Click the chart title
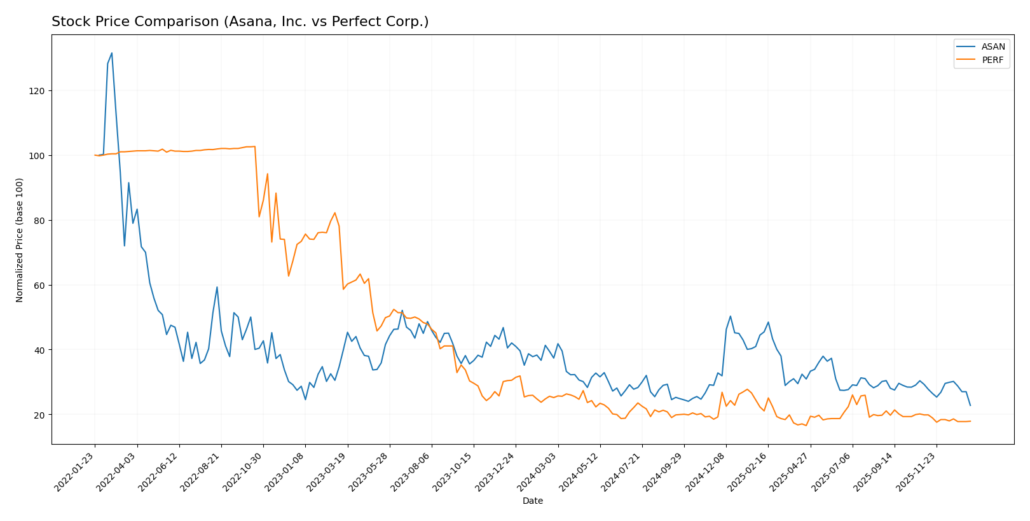pyautogui.click(x=240, y=22)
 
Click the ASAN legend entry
pyautogui.click(x=992, y=46)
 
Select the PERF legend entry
pyautogui.click(x=992, y=60)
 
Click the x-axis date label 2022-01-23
pyautogui.click(x=75, y=471)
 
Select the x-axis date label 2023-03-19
pyautogui.click(x=327, y=471)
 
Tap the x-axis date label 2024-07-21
pyautogui.click(x=622, y=471)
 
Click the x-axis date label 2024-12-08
pyautogui.click(x=706, y=471)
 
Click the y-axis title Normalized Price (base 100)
pyautogui.click(x=20, y=240)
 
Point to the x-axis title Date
pyautogui.click(x=532, y=501)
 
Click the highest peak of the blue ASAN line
pyautogui.click(x=112, y=53)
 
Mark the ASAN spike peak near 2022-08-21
pyautogui.click(x=217, y=287)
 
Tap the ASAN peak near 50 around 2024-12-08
pyautogui.click(x=731, y=316)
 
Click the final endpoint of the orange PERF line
pyautogui.click(x=970, y=421)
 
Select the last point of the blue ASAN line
pyautogui.click(x=970, y=405)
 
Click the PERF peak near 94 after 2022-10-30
pyautogui.click(x=267, y=174)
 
